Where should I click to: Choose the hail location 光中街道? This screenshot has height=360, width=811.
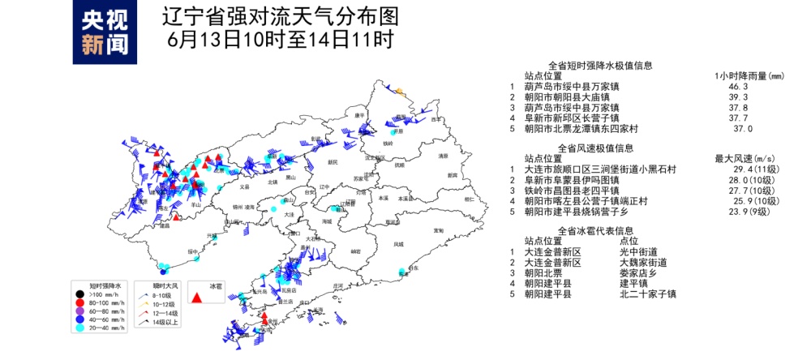(x=639, y=252)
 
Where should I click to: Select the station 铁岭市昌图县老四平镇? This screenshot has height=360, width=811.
(x=576, y=191)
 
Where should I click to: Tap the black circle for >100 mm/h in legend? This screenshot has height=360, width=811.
(x=79, y=295)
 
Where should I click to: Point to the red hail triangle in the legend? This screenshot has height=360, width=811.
(x=196, y=298)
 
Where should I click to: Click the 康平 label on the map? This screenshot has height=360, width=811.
(x=359, y=116)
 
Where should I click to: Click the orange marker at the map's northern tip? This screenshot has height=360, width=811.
(x=399, y=91)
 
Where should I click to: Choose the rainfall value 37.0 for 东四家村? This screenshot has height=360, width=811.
(x=743, y=129)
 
